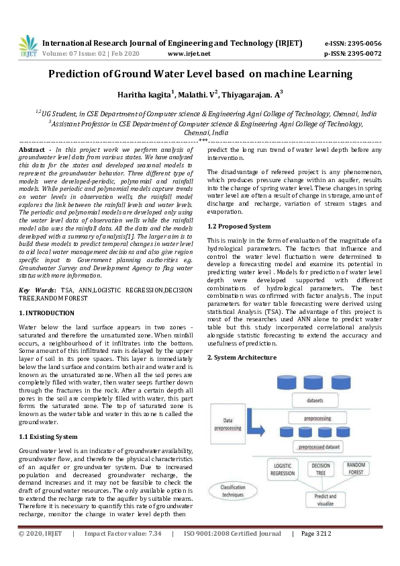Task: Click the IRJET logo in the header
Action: coord(28,48)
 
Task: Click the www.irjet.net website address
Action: coord(189,54)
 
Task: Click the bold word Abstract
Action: coord(32,149)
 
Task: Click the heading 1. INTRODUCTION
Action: coord(46,313)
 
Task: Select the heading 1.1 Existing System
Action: coord(49,437)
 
